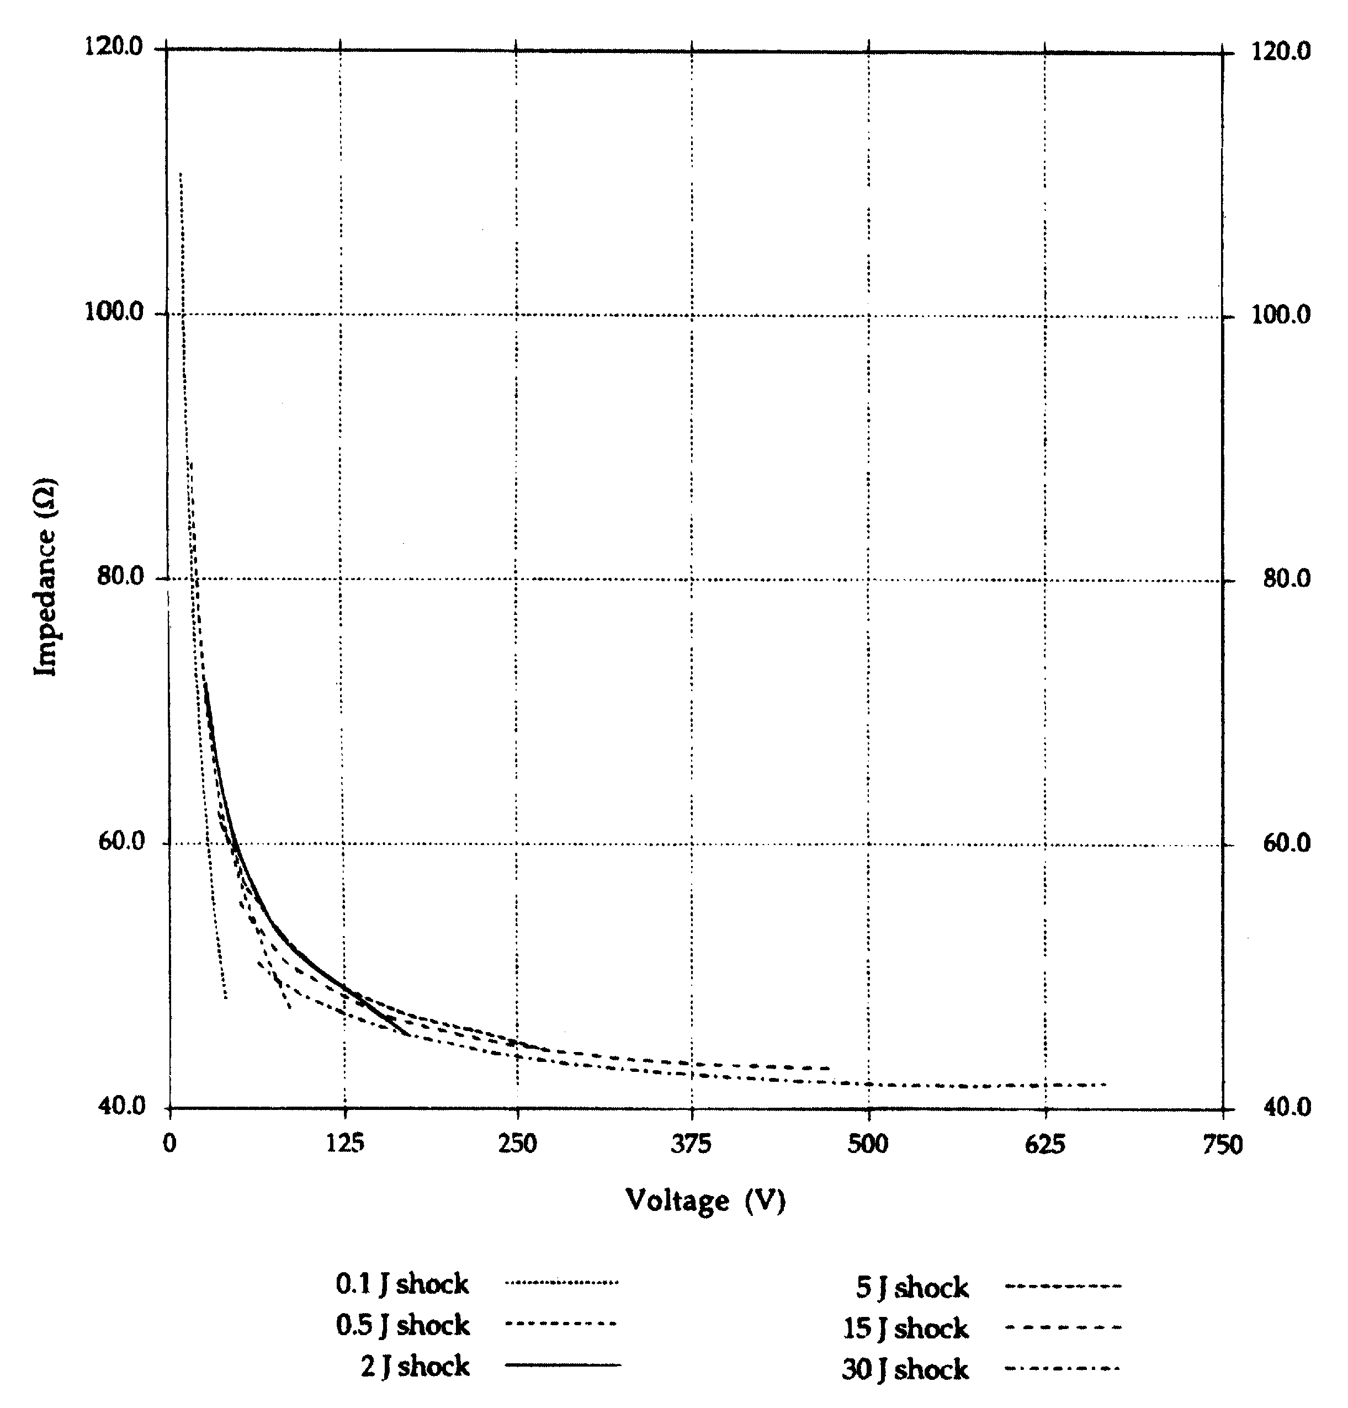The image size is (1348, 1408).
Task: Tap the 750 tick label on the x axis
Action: pyautogui.click(x=1222, y=1144)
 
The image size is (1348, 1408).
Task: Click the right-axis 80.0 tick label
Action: pyautogui.click(x=1287, y=578)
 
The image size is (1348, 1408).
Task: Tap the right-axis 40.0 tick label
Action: pyautogui.click(x=1287, y=1107)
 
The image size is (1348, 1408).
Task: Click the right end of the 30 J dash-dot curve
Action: pyautogui.click(x=1105, y=1084)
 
